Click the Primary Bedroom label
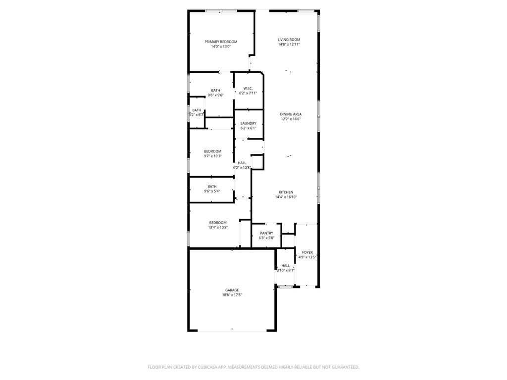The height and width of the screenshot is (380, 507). (x=221, y=42)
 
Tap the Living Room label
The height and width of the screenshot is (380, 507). (x=289, y=40)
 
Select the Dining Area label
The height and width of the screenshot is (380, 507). (x=291, y=114)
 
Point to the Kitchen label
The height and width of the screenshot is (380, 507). (x=286, y=192)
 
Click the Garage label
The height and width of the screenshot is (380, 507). (x=232, y=290)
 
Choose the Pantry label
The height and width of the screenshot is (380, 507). (x=266, y=234)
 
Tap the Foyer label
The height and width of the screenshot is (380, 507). (x=307, y=253)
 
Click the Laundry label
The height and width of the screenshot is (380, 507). (x=249, y=123)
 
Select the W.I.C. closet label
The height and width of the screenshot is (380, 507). (x=248, y=89)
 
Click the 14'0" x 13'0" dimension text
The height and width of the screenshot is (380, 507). (x=221, y=47)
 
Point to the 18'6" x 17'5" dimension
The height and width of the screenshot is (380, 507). (x=232, y=295)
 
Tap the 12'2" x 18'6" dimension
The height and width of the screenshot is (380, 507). (x=291, y=119)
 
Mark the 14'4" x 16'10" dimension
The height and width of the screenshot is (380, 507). (x=286, y=197)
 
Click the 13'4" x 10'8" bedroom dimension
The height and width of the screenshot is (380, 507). (x=218, y=228)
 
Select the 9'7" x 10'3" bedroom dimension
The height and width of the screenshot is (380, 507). (x=213, y=156)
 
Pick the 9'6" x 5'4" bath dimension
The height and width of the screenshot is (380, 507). (x=212, y=191)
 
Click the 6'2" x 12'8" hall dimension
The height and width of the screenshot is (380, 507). (x=242, y=168)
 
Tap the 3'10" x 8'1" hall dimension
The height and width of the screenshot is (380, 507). (x=286, y=271)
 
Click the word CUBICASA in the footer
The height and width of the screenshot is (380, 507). (x=208, y=367)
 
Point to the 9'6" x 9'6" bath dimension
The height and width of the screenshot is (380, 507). (x=215, y=95)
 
